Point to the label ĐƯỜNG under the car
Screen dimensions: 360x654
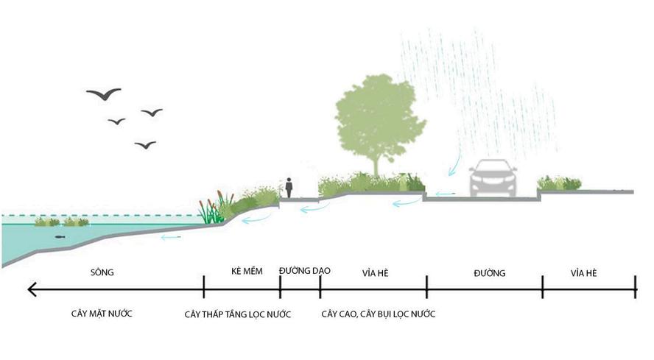[x=490, y=273]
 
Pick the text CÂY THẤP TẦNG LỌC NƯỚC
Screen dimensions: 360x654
[x=237, y=314]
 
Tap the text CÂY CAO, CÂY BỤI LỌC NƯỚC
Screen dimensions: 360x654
[x=379, y=314]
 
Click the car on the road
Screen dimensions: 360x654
[x=493, y=178]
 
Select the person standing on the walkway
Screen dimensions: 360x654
[x=289, y=187]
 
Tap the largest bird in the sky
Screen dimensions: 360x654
[x=103, y=93]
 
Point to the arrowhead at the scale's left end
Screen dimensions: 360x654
[x=32, y=289]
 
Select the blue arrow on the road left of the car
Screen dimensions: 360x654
[x=443, y=194]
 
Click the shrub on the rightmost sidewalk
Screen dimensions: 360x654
[x=560, y=183]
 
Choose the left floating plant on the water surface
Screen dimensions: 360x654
[x=47, y=221]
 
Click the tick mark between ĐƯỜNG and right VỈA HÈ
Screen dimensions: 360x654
[x=543, y=287]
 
